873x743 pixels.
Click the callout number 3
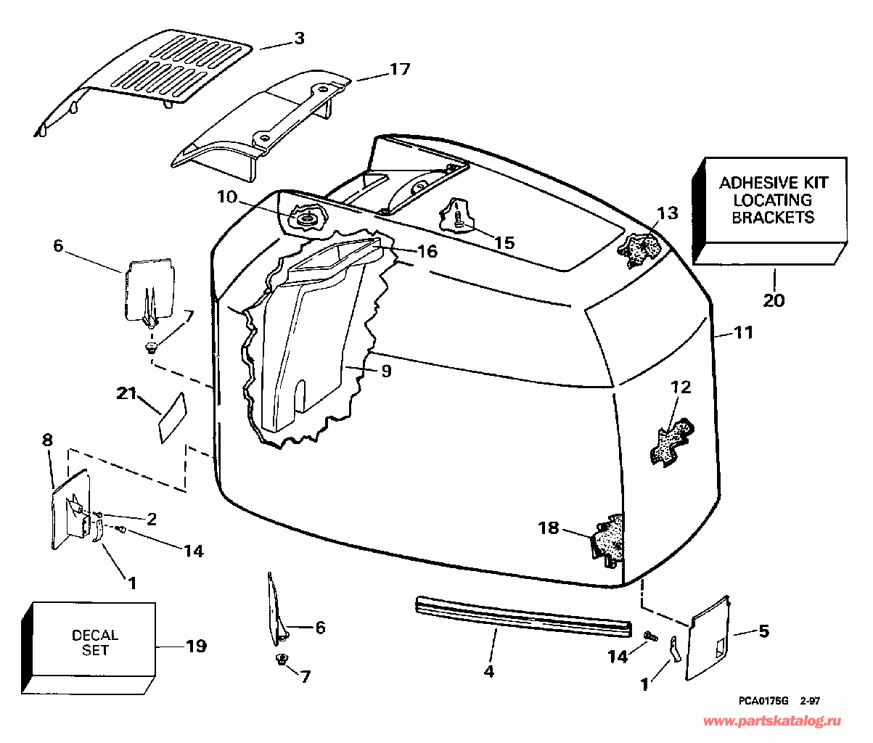[299, 39]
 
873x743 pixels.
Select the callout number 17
[399, 70]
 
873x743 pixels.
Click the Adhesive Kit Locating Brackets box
[773, 200]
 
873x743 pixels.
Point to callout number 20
[774, 299]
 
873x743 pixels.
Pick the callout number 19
[196, 645]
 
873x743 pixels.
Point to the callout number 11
[743, 333]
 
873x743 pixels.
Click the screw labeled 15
[459, 217]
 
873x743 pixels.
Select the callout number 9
[385, 371]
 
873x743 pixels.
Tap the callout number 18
[549, 528]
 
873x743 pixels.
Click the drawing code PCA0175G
[763, 701]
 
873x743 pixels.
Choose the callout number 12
[681, 387]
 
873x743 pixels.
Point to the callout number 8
[47, 439]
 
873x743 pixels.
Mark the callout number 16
[427, 251]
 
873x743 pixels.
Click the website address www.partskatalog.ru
[773, 721]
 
